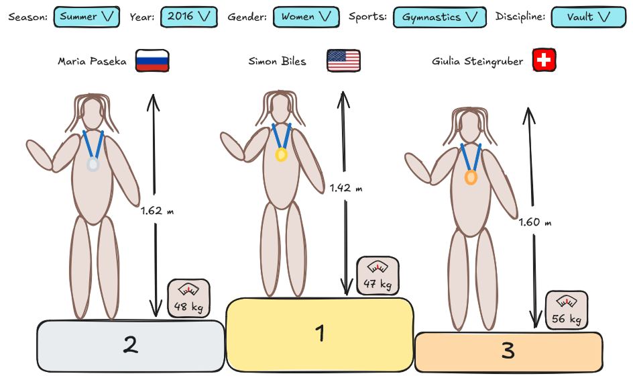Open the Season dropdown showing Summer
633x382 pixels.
coord(88,17)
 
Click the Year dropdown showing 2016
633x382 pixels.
coord(189,17)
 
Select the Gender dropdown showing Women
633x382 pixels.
coord(306,17)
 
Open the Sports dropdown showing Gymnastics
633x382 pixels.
coord(439,17)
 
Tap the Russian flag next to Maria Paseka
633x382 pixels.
coord(152,61)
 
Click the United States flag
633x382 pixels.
coord(343,61)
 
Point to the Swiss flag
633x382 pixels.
coord(544,61)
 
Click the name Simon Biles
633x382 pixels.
coord(277,62)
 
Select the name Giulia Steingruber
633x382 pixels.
coord(477,62)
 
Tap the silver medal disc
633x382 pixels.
coord(93,164)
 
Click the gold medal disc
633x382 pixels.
coord(282,155)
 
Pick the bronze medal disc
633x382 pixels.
coord(471,177)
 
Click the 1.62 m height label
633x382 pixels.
coord(158,211)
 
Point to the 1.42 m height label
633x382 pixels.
coord(346,189)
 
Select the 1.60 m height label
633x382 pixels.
coord(534,222)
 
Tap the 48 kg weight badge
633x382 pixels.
coord(188,298)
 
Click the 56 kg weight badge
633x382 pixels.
coord(567,310)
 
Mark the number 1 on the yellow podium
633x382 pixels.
coord(320,333)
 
